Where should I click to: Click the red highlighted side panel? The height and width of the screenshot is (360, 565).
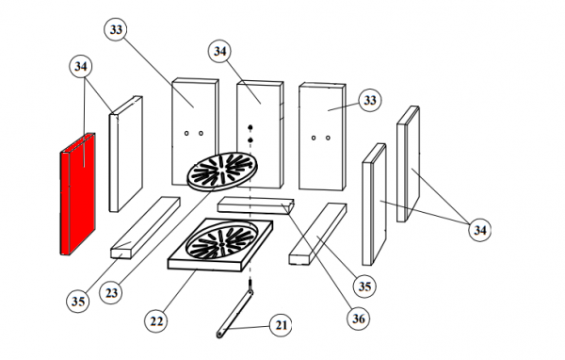pyautogui.click(x=77, y=195)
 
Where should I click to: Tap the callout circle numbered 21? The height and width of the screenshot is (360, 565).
pyautogui.click(x=281, y=325)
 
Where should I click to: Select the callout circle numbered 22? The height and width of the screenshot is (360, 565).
pyautogui.click(x=156, y=320)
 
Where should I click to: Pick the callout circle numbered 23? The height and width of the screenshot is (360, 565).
pyautogui.click(x=111, y=292)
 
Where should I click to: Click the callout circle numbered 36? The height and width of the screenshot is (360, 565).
pyautogui.click(x=358, y=319)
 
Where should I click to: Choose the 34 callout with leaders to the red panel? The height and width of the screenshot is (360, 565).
pyautogui.click(x=80, y=66)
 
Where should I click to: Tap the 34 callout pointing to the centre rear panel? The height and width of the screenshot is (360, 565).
pyautogui.click(x=219, y=51)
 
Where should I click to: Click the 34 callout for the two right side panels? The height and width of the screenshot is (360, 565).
pyautogui.click(x=479, y=230)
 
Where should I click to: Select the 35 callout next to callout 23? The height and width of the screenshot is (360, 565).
pyautogui.click(x=78, y=301)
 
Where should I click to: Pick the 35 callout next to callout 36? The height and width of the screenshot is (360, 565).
pyautogui.click(x=364, y=286)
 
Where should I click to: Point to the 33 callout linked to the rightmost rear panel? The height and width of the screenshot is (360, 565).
pyautogui.click(x=370, y=100)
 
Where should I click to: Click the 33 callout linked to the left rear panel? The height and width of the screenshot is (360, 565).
pyautogui.click(x=116, y=29)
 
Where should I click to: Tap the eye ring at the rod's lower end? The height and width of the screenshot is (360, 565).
pyautogui.click(x=219, y=335)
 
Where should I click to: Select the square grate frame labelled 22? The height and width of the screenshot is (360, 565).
pyautogui.click(x=220, y=245)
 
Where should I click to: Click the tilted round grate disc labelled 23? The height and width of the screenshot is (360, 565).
pyautogui.click(x=222, y=172)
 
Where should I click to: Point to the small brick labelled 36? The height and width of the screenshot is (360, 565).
pyautogui.click(x=256, y=205)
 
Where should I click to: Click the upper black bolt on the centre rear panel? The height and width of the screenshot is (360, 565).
pyautogui.click(x=250, y=127)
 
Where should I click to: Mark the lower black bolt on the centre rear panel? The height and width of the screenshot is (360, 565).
pyautogui.click(x=250, y=140)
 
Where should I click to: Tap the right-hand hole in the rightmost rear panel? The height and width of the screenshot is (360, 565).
pyautogui.click(x=328, y=138)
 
